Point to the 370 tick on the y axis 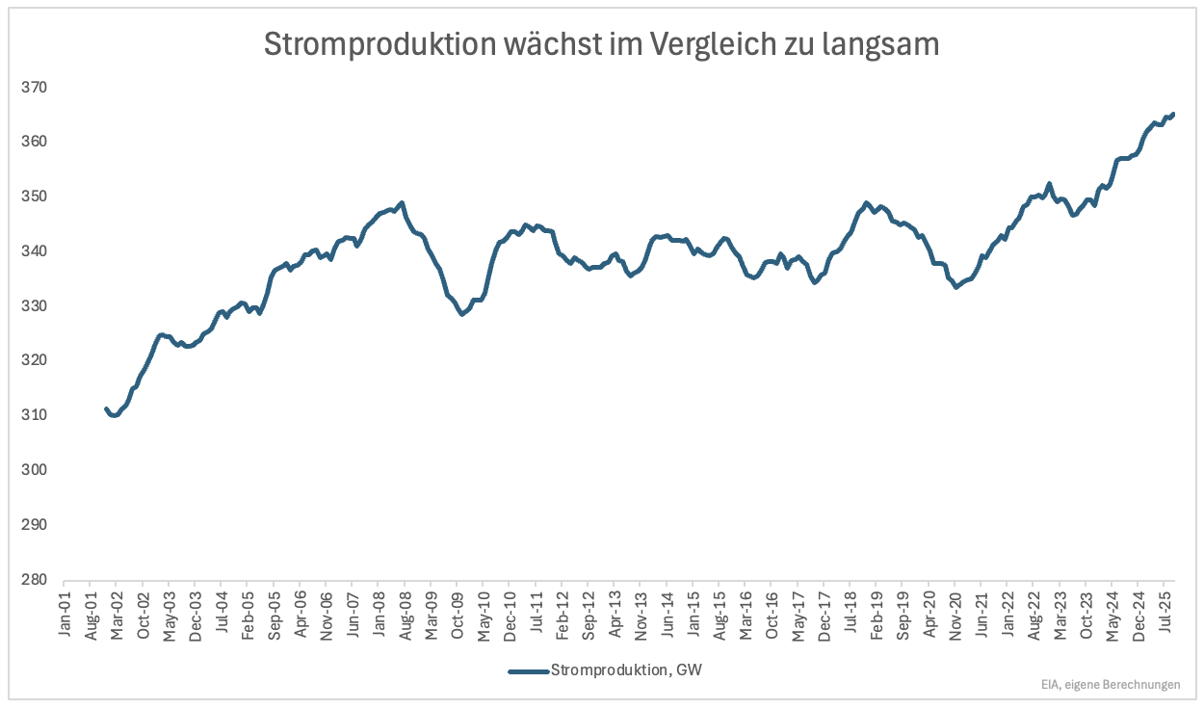34,88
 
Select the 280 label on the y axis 34,580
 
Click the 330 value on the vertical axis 34,306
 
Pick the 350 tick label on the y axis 34,197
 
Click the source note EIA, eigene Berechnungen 1110,685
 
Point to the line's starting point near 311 106,409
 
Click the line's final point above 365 1172,114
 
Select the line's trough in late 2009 462,313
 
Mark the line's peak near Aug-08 401,203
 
